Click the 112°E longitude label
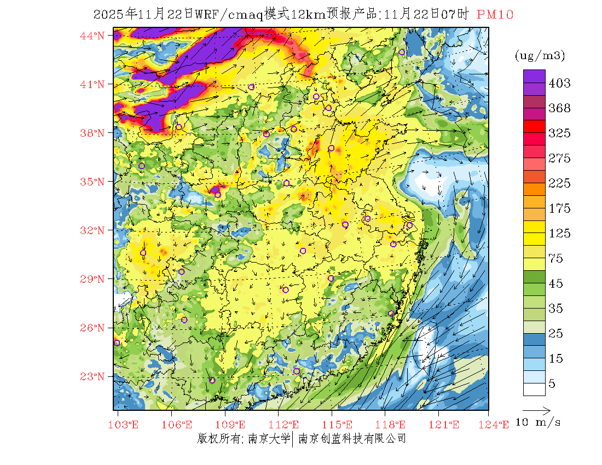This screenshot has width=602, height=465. pyautogui.click(x=287, y=425)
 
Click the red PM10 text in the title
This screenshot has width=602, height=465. pyautogui.click(x=495, y=15)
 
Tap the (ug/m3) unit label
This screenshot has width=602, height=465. pyautogui.click(x=540, y=56)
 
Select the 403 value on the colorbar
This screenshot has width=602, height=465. pyautogui.click(x=559, y=83)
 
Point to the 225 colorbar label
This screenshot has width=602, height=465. pyautogui.click(x=559, y=183)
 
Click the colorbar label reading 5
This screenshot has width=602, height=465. pyautogui.click(x=552, y=384)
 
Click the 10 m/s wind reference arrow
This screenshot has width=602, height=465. pyautogui.click(x=536, y=410)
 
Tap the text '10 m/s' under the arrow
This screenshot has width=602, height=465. pyautogui.click(x=539, y=422)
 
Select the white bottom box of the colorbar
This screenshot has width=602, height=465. pyautogui.click(x=534, y=389)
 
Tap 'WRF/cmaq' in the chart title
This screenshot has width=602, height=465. pyautogui.click(x=231, y=15)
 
